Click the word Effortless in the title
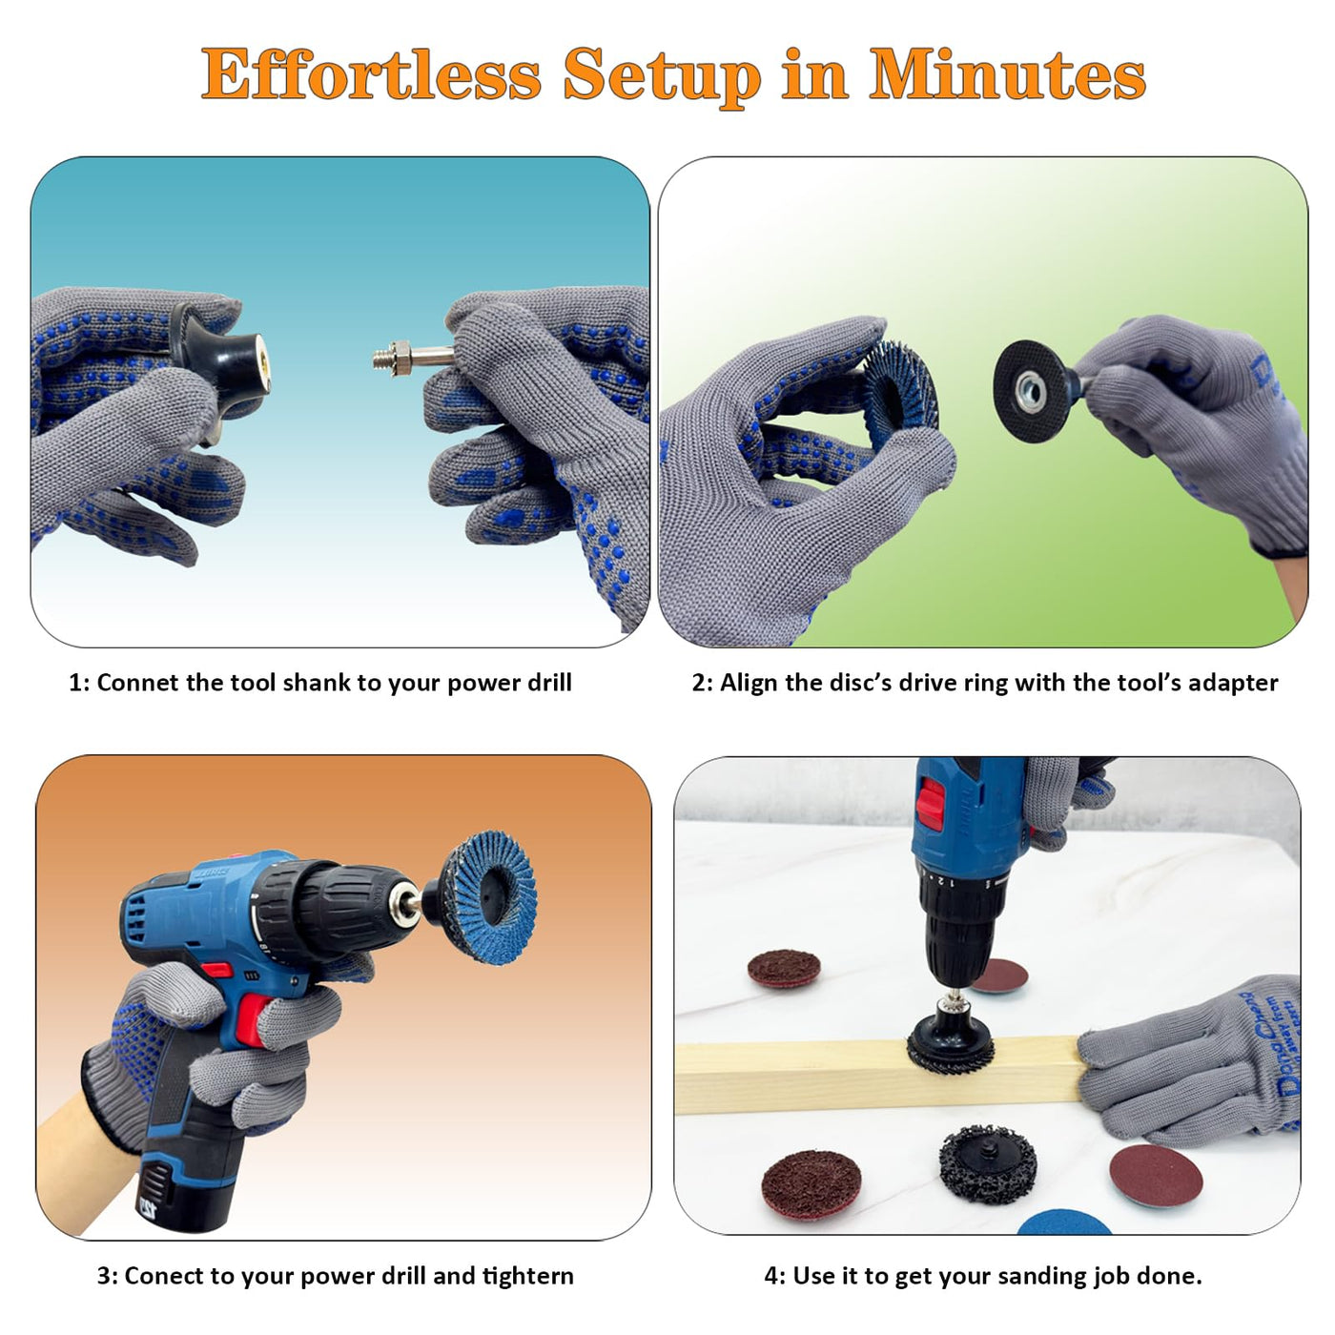(371, 74)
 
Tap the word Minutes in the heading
(1007, 73)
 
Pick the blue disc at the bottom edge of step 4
(1064, 1222)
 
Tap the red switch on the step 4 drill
(931, 804)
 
